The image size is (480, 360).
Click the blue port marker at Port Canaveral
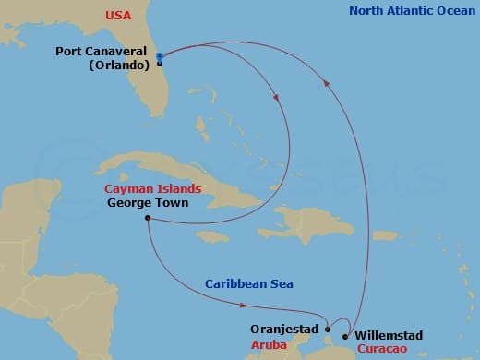(x=160, y=57)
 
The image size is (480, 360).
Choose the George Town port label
(x=148, y=202)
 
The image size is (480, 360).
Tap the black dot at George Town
(x=148, y=219)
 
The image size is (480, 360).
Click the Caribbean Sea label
(x=243, y=283)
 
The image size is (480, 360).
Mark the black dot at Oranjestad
(x=328, y=328)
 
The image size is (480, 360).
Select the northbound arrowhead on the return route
(x=325, y=82)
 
